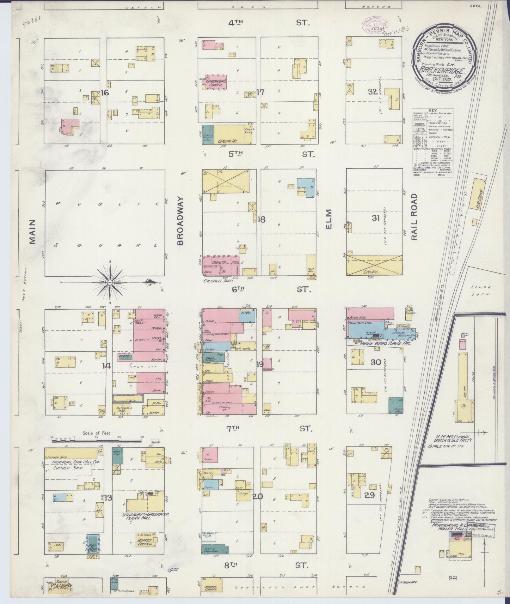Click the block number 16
[x=105, y=93]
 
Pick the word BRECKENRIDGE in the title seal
[x=442, y=72]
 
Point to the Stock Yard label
[x=480, y=290]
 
